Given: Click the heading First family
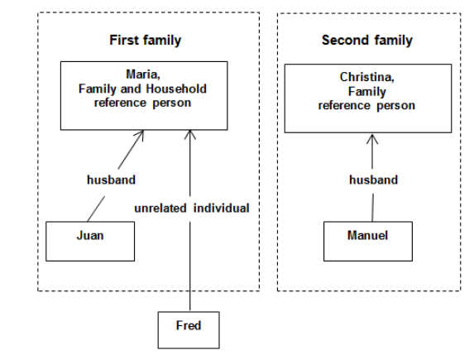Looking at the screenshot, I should click(x=145, y=41).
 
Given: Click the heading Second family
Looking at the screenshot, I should click(x=366, y=41).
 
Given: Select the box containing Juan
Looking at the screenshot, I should click(x=90, y=239).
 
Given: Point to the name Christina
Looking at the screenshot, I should click(x=367, y=77).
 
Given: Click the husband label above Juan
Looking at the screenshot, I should click(x=112, y=179).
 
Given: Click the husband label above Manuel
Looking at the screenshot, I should click(x=373, y=179).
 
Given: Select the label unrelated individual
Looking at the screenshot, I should click(x=192, y=209).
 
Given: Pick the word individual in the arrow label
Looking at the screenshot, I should click(x=221, y=209).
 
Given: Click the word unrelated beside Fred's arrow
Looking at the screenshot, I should click(x=162, y=209).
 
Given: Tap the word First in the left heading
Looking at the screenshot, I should click(x=124, y=41).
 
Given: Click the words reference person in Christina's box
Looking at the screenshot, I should click(x=367, y=106).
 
